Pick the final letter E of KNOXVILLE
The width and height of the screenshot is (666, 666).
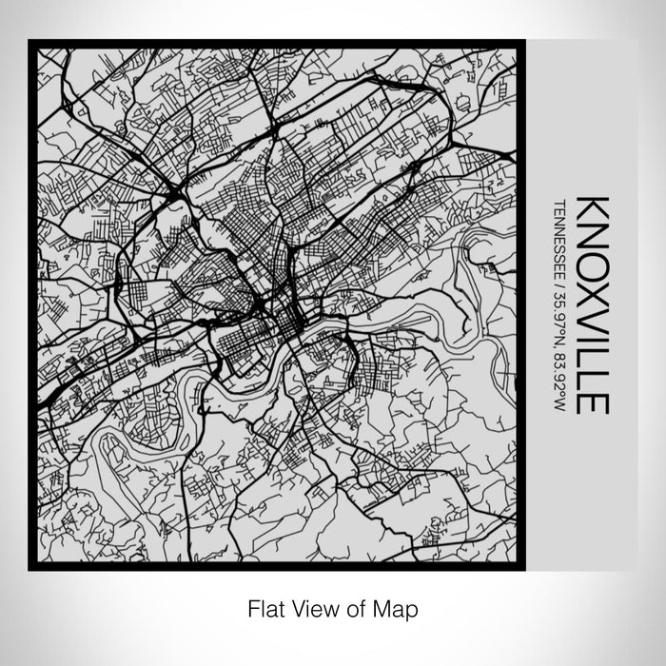click(x=592, y=402)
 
